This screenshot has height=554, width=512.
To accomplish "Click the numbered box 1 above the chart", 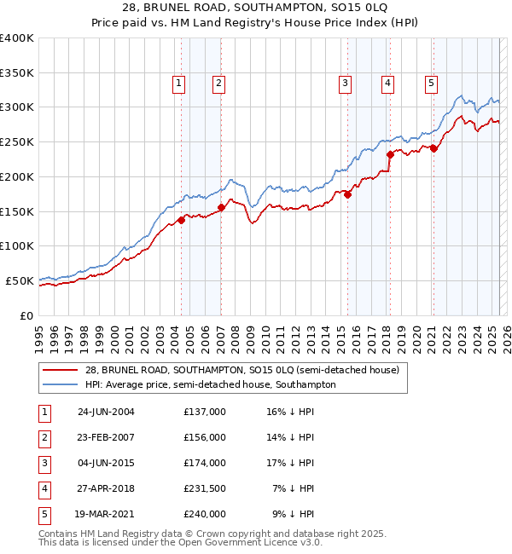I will point(178,83).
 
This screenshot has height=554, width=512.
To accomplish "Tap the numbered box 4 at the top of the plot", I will point(387,83).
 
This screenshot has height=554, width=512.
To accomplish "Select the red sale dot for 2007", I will point(221,207).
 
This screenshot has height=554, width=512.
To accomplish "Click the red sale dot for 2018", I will point(390,154).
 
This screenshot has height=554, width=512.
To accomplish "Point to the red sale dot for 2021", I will point(433,148).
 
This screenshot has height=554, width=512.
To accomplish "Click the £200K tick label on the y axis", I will point(17,176).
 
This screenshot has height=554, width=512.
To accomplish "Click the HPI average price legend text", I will point(210,384).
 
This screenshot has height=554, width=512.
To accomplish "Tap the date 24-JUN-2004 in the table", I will point(106,412).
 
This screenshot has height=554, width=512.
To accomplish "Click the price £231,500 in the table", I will point(204,488).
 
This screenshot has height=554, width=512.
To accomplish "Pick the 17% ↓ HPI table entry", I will point(290,463).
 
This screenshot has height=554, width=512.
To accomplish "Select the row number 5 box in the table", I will point(44,514).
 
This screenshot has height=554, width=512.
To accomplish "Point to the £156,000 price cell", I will point(204,437).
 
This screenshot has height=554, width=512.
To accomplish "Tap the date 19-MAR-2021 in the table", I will point(106,514).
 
